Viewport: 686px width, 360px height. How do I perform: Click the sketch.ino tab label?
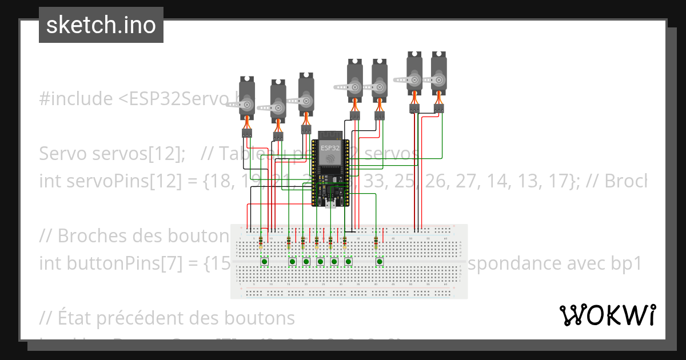[x=101, y=25]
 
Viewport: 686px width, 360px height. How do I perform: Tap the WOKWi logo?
[x=607, y=315]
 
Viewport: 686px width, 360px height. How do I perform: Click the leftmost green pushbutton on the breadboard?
[x=265, y=262]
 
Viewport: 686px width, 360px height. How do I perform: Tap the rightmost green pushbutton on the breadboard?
[x=379, y=262]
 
